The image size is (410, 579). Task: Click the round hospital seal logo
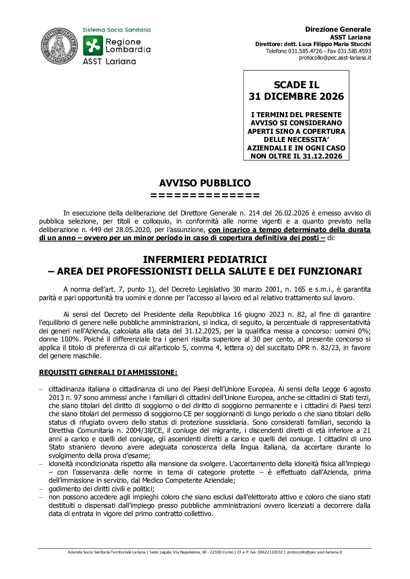coord(59,46)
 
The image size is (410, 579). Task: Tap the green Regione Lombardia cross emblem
coord(93,46)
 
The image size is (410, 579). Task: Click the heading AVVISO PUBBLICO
coord(205,183)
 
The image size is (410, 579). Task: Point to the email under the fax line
coord(335,58)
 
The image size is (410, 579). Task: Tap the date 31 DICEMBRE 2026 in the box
coord(296,97)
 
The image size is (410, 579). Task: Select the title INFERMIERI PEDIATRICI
coord(205,259)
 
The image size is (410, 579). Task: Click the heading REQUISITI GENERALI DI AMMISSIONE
coord(108,372)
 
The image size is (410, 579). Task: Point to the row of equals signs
coord(205,195)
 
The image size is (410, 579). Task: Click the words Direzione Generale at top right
coord(338,29)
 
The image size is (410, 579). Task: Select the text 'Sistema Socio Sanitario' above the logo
coord(117,30)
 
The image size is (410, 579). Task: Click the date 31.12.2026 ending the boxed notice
coord(323,156)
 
